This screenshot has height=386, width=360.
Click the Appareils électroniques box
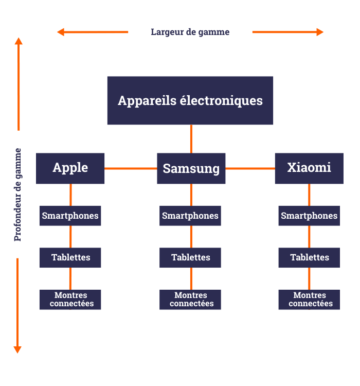[x=190, y=100]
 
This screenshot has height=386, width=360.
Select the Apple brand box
[x=70, y=168]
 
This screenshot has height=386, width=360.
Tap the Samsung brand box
[x=191, y=168]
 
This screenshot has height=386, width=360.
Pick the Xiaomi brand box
[x=309, y=168]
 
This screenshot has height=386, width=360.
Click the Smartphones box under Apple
[x=70, y=216]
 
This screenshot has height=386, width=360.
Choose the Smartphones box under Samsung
[x=190, y=216]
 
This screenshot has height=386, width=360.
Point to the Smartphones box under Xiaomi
[x=309, y=216]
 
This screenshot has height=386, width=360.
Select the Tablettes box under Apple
[x=70, y=257]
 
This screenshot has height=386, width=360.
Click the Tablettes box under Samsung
[x=190, y=257]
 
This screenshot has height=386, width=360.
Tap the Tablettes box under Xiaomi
[x=309, y=257]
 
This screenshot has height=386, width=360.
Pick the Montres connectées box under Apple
[x=70, y=300]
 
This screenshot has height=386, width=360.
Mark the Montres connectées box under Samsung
[x=190, y=300]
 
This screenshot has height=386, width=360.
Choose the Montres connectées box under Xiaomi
[x=309, y=300]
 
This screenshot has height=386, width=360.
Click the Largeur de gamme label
[x=190, y=32]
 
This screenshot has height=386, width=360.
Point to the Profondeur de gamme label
[x=18, y=195]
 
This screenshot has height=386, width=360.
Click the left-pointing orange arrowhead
[x=61, y=32]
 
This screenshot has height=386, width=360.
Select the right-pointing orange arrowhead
[x=320, y=32]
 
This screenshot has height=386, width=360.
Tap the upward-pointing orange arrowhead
[x=19, y=41]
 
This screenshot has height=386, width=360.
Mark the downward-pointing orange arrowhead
[x=17, y=349]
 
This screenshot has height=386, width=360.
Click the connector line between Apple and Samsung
[x=131, y=168]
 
